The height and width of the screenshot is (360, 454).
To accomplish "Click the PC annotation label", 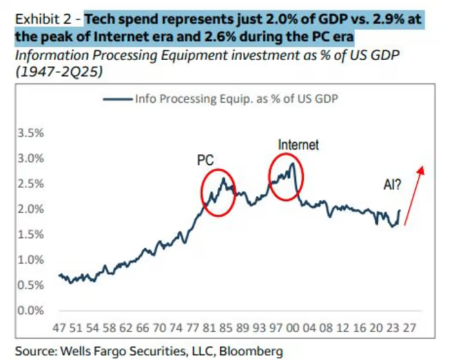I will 205,160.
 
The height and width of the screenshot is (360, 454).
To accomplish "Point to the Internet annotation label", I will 298,145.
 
